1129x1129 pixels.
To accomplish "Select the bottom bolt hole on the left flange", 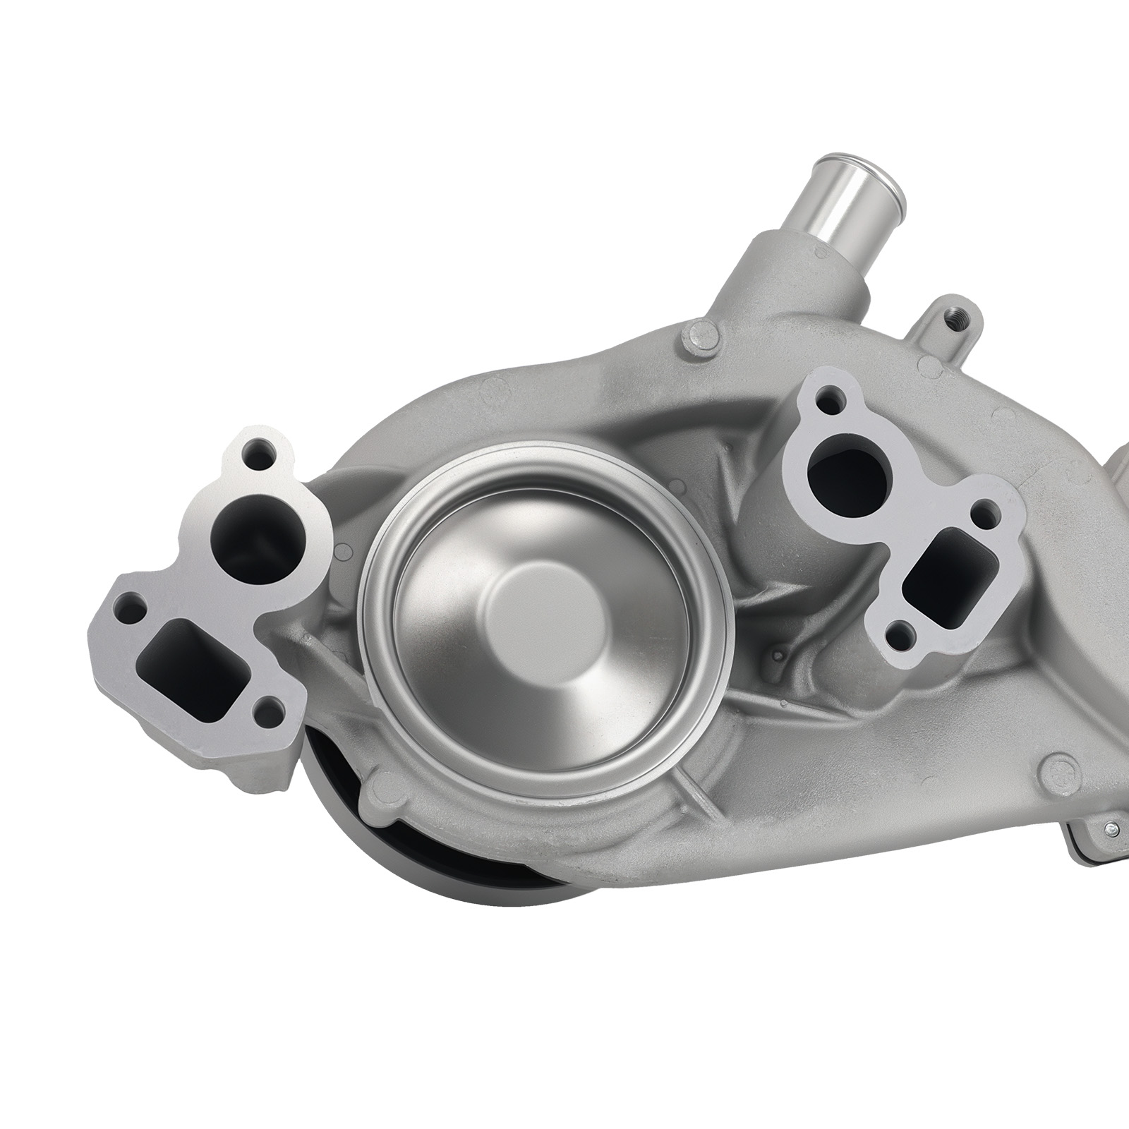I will point(268,709).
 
